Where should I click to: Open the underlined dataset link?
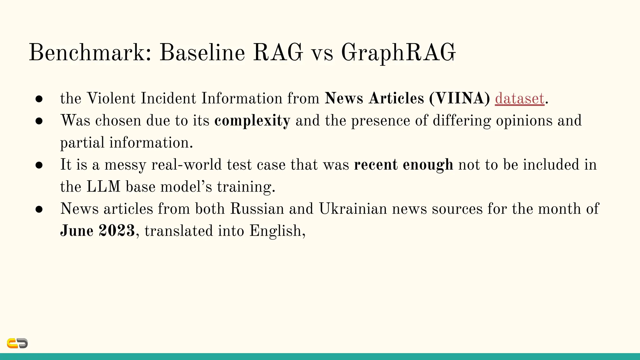coord(520,98)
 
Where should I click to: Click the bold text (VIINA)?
coord(459,98)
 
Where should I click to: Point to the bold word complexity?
coord(252,121)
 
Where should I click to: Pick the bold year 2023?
coord(117,231)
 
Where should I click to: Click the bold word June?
coord(77,231)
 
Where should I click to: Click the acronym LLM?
coord(103,187)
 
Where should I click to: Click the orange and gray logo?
coord(17,343)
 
